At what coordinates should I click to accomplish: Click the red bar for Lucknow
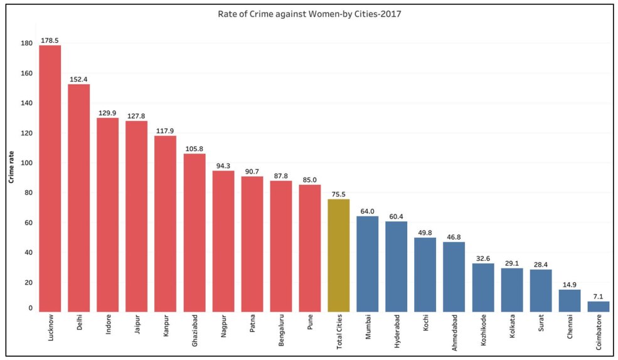click(50, 179)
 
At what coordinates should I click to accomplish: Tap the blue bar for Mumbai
click(367, 264)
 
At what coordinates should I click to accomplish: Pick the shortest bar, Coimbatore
click(598, 306)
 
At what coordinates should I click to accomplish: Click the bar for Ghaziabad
click(194, 233)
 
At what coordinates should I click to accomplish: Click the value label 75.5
click(338, 194)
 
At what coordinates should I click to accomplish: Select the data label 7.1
click(598, 296)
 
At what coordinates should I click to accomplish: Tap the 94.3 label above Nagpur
click(223, 166)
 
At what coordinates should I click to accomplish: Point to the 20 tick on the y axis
click(27, 283)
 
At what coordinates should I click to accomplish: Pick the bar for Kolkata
click(511, 290)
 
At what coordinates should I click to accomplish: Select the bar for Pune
click(309, 248)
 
